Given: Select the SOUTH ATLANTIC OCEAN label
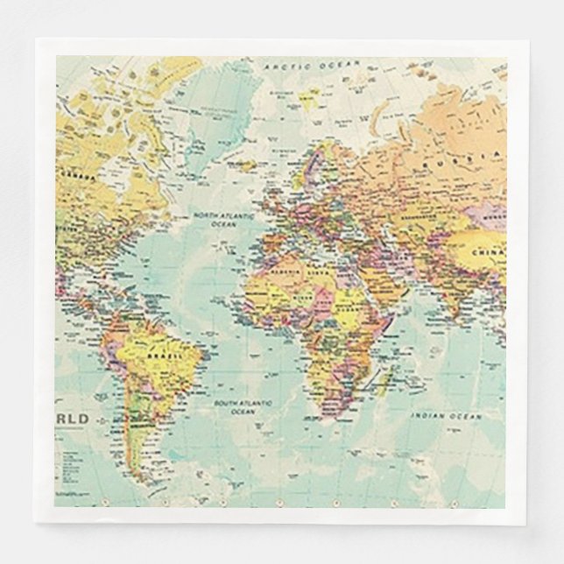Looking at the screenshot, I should pos(243,406).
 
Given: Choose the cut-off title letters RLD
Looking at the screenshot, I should pos(74,419).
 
